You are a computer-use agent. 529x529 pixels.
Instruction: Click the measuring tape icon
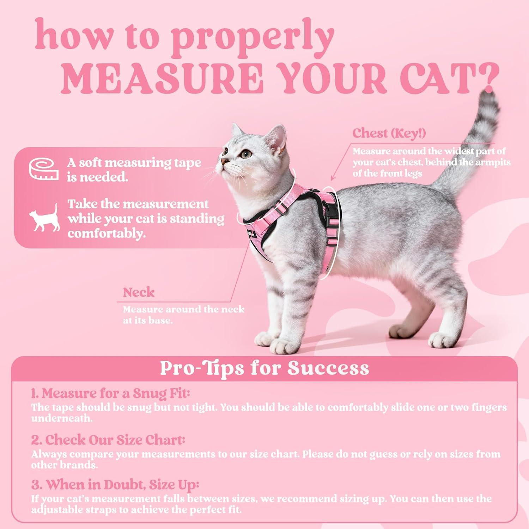point(44,169)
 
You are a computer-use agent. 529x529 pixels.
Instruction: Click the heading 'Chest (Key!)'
point(389,133)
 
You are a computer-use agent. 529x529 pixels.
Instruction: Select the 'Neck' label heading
point(139,292)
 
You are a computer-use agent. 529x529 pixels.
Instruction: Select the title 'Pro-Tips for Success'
point(264,368)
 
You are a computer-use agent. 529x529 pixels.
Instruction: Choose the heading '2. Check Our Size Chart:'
point(108,440)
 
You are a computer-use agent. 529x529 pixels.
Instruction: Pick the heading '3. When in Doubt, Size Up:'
point(115,485)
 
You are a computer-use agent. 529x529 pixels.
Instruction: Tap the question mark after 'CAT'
point(488,78)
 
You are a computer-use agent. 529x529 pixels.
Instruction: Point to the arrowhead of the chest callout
point(332,179)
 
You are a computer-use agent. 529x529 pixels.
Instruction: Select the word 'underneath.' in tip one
point(62,418)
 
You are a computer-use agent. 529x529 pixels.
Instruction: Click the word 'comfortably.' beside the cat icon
point(107,233)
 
